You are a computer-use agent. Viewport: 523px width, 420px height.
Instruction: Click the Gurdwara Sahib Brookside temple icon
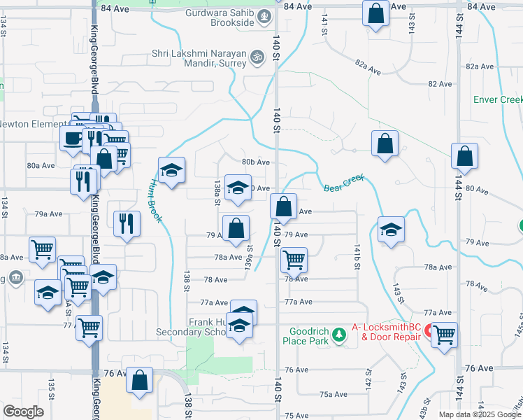tap(264, 15)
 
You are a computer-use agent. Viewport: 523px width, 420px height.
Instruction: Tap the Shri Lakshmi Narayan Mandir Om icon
tap(257, 55)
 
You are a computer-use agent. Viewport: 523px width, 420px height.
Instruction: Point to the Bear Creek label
tap(345, 183)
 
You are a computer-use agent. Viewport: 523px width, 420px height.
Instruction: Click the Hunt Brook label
tap(155, 201)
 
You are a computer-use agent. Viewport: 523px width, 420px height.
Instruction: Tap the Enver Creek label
tap(498, 100)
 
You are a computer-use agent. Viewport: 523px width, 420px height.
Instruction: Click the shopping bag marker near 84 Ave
tap(376, 13)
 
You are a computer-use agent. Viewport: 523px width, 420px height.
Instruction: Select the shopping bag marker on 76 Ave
tap(140, 379)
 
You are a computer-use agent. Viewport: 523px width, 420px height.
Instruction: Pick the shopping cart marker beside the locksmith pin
tap(445, 335)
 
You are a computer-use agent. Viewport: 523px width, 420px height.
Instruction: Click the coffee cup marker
tap(73, 138)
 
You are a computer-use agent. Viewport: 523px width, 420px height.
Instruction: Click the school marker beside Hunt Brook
tap(171, 169)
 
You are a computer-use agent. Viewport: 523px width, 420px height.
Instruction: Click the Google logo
tap(23, 411)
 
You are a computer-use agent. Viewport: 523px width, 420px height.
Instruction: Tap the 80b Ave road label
tap(256, 162)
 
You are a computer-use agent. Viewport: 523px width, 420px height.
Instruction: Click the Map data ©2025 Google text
tap(480, 414)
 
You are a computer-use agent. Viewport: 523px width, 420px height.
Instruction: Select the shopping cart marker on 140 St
tap(294, 260)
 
